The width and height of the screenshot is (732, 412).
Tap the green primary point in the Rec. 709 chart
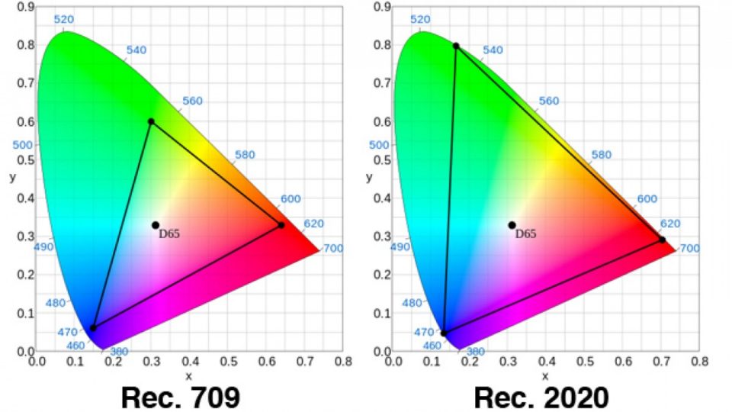pyautogui.click(x=151, y=121)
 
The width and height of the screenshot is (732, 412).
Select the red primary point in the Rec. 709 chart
pyautogui.click(x=281, y=225)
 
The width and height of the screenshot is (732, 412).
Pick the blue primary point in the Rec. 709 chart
pyautogui.click(x=93, y=328)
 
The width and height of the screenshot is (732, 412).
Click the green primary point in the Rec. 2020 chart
pyautogui.click(x=456, y=46)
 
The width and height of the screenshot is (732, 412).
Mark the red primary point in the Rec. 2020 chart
pyautogui.click(x=662, y=240)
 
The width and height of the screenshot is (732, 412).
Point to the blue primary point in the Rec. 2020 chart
pyautogui.click(x=444, y=333)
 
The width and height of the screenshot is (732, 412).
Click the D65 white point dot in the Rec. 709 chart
pyautogui.click(x=156, y=225)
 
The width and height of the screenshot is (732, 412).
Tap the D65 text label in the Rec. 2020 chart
pyautogui.click(x=525, y=233)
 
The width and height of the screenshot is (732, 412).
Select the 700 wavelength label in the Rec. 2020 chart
pyautogui.click(x=689, y=249)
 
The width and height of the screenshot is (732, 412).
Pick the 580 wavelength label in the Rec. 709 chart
pyautogui.click(x=245, y=155)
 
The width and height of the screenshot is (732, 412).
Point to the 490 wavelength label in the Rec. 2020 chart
pyautogui.click(x=400, y=247)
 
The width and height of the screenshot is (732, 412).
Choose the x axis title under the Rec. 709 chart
pyautogui.click(x=188, y=375)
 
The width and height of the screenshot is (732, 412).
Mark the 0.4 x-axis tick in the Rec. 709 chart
pyautogui.click(x=190, y=362)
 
